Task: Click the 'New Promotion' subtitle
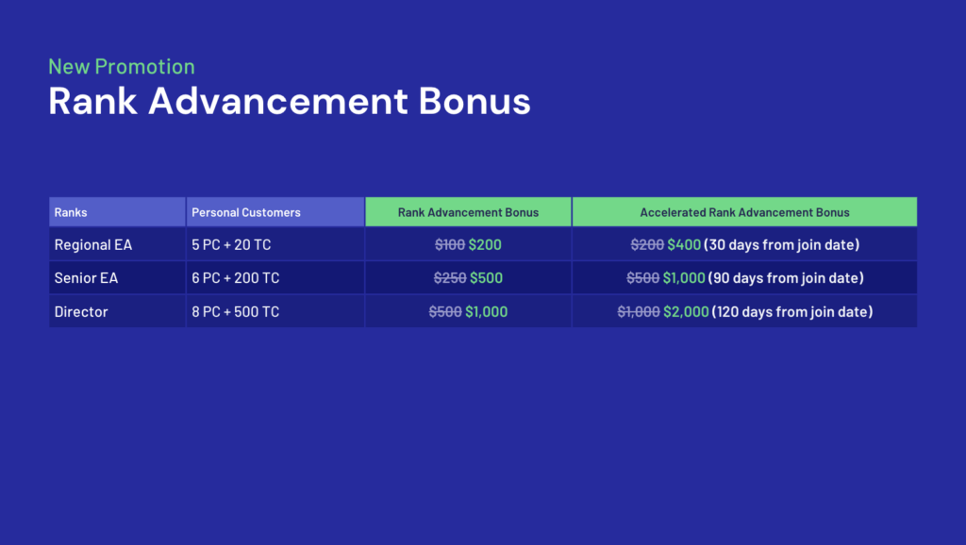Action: coord(122,67)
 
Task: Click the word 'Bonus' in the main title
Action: coord(475,101)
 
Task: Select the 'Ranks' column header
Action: coord(70,212)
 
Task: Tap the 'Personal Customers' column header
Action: coord(246,212)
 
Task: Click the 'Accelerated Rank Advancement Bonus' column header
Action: coord(744,212)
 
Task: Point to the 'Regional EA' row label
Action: coord(93,244)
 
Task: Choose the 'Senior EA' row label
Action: coord(86,278)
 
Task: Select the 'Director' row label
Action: coord(81,311)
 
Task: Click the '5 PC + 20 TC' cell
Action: coord(231,244)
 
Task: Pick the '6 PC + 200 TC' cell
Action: coord(235,278)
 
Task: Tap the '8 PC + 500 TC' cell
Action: coord(235,311)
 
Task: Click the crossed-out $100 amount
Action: coord(450,244)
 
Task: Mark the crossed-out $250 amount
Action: coord(450,278)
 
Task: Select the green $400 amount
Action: coord(684,244)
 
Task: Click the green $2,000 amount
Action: coord(686,311)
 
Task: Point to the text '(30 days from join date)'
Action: coord(781,244)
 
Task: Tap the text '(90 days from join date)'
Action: coord(786,278)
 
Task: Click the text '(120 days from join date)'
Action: coord(792,311)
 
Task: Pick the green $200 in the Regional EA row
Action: coord(485,244)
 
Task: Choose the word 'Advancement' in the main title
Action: coord(278,101)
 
